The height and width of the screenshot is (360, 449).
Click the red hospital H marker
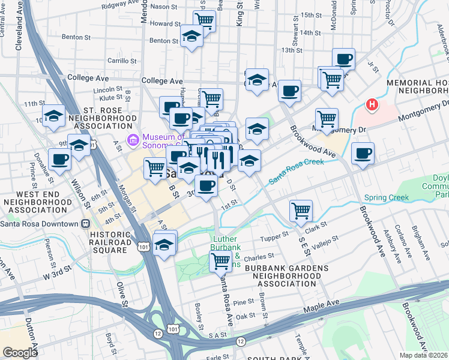pos(373,105)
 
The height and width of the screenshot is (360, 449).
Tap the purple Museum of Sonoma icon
pos(133,141)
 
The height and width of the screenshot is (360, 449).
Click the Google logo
pos(20,353)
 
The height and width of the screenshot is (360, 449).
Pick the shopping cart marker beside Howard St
pos(205,21)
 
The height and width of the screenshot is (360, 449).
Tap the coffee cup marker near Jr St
pos(343,59)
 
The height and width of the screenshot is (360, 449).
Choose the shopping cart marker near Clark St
pos(300,211)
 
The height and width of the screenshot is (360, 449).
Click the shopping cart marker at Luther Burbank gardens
pos(220,261)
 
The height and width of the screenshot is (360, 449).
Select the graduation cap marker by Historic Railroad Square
pos(164,244)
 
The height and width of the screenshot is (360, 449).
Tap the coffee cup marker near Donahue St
pos(60,160)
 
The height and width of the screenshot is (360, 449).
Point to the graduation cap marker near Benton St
pos(191,37)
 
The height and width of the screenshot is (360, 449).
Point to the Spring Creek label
pos(385,197)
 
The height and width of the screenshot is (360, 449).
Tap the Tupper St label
pos(276,235)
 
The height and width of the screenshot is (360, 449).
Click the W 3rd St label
pos(58,278)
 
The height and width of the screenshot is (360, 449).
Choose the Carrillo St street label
pos(123,61)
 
